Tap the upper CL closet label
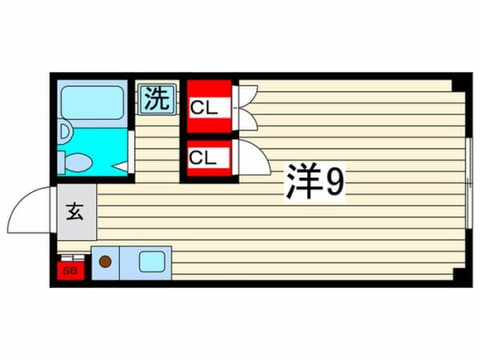(x=204, y=108)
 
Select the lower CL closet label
(x=202, y=158)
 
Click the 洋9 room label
(x=315, y=182)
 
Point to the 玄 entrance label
(x=75, y=211)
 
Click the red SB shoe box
(x=70, y=270)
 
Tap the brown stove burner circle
(x=105, y=262)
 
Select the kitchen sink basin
(x=152, y=262)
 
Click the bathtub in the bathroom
(x=92, y=102)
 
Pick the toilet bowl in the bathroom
(x=78, y=162)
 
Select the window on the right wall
(x=469, y=184)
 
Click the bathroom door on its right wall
(x=131, y=152)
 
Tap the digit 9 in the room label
(x=335, y=182)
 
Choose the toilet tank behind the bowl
(x=62, y=162)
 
